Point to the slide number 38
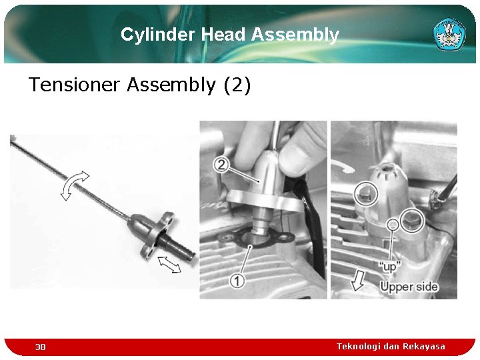(x=41, y=347)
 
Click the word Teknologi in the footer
(x=358, y=346)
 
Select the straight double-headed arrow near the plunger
(x=170, y=265)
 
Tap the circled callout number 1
(x=237, y=281)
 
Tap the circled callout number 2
(x=223, y=164)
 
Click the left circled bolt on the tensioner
(x=365, y=194)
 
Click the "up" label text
(x=389, y=266)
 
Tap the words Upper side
(x=409, y=287)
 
